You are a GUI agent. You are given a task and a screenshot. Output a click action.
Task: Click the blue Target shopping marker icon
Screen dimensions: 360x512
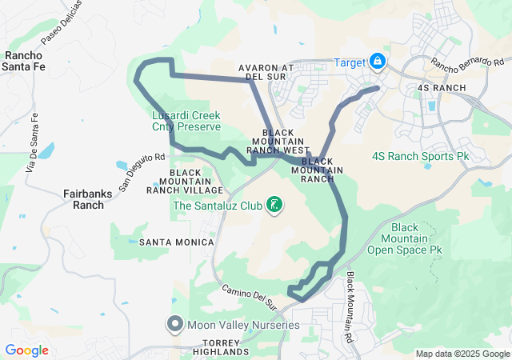(377, 62)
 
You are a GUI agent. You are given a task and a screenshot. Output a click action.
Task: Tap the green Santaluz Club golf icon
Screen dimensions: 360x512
(274, 206)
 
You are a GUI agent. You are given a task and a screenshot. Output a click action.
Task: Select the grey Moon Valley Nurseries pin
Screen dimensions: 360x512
(175, 324)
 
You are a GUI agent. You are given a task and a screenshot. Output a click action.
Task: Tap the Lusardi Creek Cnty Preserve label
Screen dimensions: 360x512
(186, 121)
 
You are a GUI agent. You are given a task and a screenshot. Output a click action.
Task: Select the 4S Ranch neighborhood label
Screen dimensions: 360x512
(442, 87)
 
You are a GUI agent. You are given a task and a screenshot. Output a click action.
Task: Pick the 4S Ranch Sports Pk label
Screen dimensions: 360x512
(420, 156)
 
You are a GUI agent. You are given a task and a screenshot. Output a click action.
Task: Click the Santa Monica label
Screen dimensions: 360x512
(176, 242)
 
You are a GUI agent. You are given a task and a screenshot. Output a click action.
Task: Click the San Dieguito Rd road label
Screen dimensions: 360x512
(142, 172)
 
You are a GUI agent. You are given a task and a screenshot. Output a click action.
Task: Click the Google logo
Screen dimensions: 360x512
(26, 350)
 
